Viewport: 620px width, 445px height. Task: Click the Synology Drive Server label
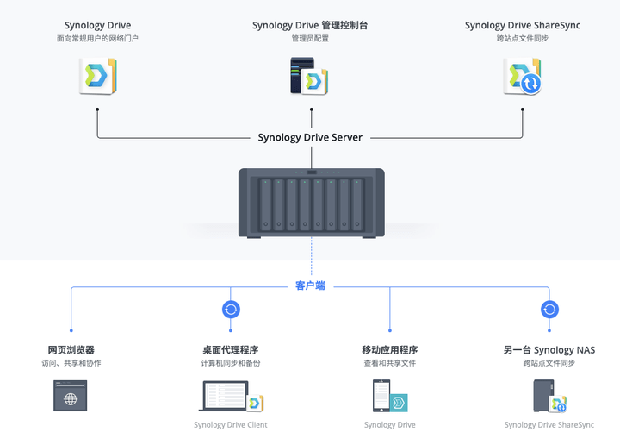click(310, 137)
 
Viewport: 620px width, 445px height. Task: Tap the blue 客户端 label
click(310, 285)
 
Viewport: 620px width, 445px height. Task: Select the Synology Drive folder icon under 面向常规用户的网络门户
click(97, 76)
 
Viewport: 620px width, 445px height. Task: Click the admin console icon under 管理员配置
click(309, 76)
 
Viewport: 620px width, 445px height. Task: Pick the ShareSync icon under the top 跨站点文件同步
click(523, 76)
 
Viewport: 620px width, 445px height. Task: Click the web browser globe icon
click(71, 396)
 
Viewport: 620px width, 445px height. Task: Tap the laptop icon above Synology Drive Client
click(231, 396)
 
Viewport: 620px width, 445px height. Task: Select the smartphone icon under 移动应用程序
click(390, 396)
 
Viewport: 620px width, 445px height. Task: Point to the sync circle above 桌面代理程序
click(231, 310)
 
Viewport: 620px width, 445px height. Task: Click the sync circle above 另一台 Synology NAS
click(549, 310)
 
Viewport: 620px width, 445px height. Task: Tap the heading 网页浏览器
click(71, 350)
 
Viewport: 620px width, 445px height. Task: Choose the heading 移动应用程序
click(390, 350)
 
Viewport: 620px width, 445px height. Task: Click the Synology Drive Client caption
click(231, 425)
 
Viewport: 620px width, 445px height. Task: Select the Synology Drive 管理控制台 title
click(310, 25)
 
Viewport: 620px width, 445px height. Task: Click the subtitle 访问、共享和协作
click(71, 363)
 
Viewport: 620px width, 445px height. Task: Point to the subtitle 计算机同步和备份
click(231, 363)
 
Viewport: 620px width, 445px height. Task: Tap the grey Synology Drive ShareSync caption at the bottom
click(549, 425)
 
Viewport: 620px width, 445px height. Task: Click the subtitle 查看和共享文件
click(390, 363)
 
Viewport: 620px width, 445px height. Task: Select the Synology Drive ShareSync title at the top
click(523, 25)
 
